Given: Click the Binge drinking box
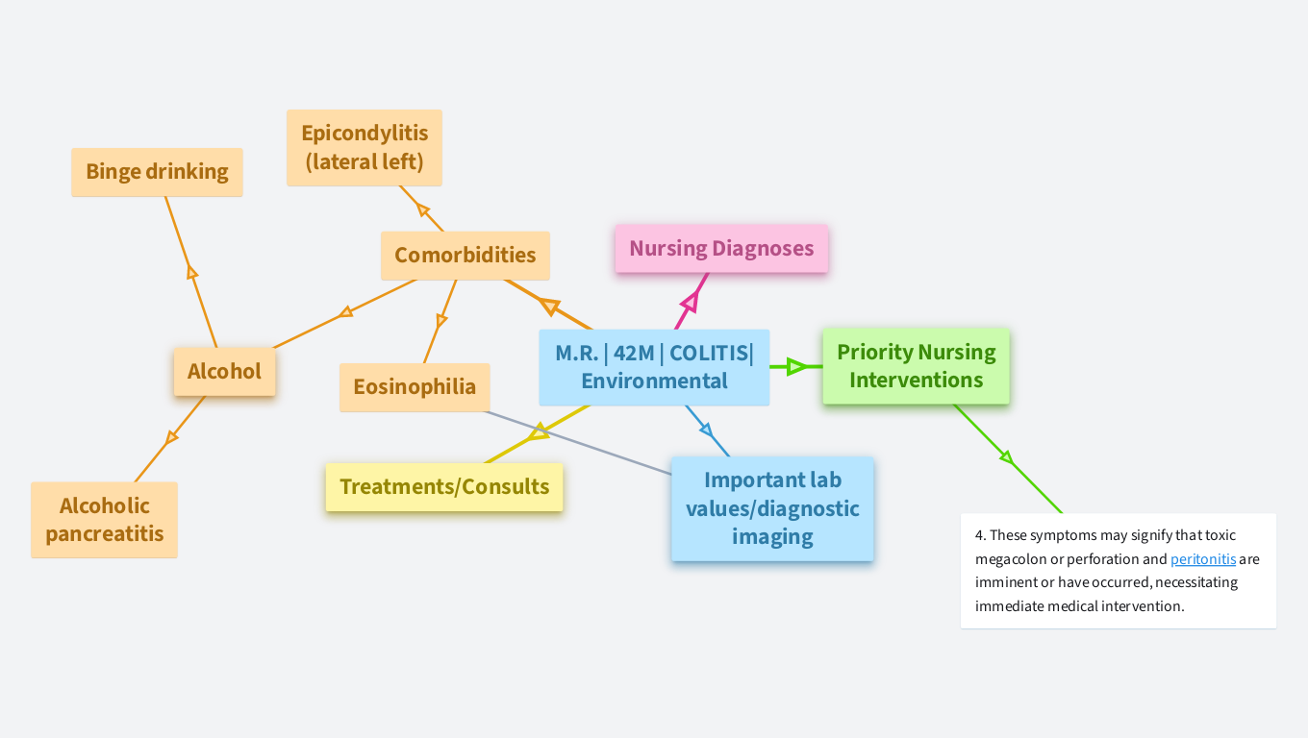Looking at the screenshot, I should click(x=157, y=172).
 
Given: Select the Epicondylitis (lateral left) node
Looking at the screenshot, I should click(x=365, y=147).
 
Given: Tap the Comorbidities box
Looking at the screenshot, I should click(x=465, y=256).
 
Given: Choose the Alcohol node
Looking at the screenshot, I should click(x=224, y=372).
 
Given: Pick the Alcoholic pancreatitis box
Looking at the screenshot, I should click(x=104, y=520).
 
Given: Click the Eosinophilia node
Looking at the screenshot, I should click(x=415, y=387).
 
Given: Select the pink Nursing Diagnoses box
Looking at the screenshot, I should click(x=721, y=249).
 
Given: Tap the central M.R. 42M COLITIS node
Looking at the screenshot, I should click(x=654, y=367).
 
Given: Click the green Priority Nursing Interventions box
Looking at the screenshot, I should click(x=916, y=366).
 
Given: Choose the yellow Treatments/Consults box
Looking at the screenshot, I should click(x=444, y=486).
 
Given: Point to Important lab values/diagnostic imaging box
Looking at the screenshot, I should click(x=772, y=508).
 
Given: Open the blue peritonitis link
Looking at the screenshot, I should click(x=1203, y=559).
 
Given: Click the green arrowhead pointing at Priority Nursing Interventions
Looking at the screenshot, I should click(x=795, y=366).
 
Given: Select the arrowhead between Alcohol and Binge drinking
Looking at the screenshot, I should click(x=191, y=273).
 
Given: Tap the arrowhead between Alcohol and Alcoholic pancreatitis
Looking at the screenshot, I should click(x=172, y=437).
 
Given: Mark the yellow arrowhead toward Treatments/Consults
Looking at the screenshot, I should click(x=538, y=433).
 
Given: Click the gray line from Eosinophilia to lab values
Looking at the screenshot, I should click(x=577, y=442).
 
